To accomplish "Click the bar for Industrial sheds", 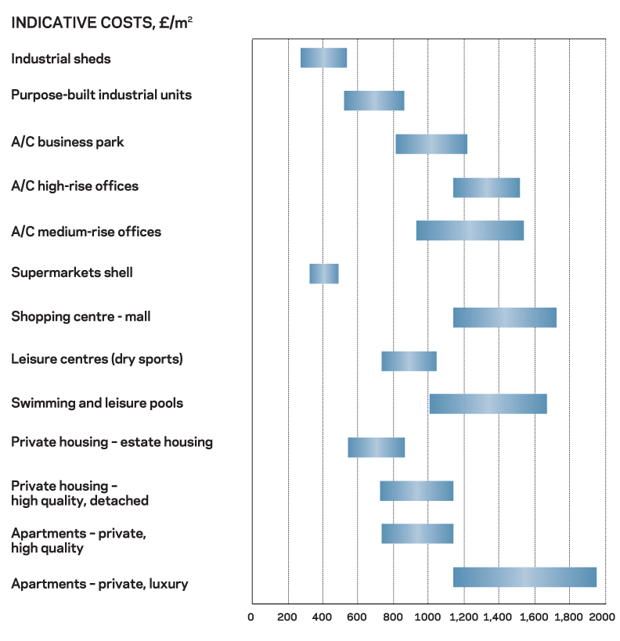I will click(x=323, y=58).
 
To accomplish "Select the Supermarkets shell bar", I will click(x=323, y=273).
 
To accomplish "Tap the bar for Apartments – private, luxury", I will click(x=524, y=577).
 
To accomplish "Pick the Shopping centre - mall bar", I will click(x=504, y=317).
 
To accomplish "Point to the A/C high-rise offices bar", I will click(x=486, y=188).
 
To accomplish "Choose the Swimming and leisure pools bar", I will click(x=488, y=403).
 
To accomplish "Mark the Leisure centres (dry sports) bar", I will click(x=409, y=361).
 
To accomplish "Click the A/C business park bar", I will click(x=431, y=144).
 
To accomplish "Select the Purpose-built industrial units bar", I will click(x=374, y=100).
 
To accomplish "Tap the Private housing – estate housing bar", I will click(x=376, y=447).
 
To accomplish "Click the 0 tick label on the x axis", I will click(x=251, y=618).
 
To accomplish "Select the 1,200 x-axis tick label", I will click(x=463, y=618).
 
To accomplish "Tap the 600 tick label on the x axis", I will click(x=357, y=618).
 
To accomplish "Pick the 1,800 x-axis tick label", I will click(x=569, y=618).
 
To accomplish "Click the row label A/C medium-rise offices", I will click(x=86, y=232).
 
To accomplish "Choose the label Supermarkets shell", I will click(x=72, y=272).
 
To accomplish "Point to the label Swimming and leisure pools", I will click(x=97, y=403).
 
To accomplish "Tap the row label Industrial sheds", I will click(x=61, y=59).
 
